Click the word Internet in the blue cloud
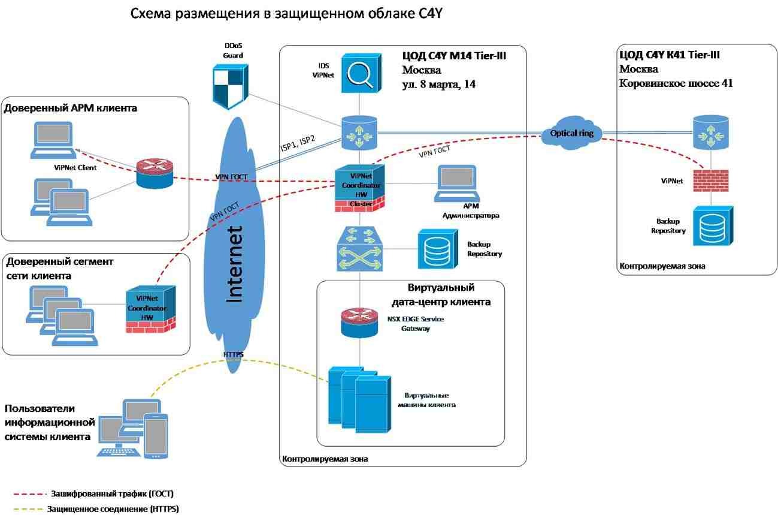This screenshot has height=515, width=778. (x=235, y=264)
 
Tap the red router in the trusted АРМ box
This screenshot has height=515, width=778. (x=154, y=173)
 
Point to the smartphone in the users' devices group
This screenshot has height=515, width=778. (x=155, y=435)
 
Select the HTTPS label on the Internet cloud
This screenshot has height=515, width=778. (x=233, y=354)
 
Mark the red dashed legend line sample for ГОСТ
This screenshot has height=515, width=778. (x=28, y=494)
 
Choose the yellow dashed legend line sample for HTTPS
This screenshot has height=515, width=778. (x=28, y=510)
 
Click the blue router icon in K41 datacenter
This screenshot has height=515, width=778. (x=710, y=133)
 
